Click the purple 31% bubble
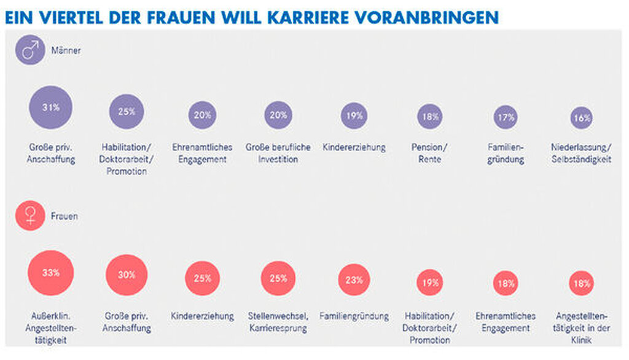point(51,108)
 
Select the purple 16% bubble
point(581,117)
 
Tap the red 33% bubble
point(51,273)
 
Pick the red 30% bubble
point(127,275)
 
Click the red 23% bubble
point(354,280)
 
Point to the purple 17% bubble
point(506,116)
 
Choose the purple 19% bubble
point(354,115)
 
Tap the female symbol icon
point(30,216)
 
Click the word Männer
point(70,51)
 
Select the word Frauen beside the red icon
point(69,216)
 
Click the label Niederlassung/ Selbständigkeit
point(581,154)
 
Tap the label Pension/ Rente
point(429,154)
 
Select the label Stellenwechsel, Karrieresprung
point(278,322)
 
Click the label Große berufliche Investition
point(278,154)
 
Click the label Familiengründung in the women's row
point(354,316)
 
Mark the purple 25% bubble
point(127,112)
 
